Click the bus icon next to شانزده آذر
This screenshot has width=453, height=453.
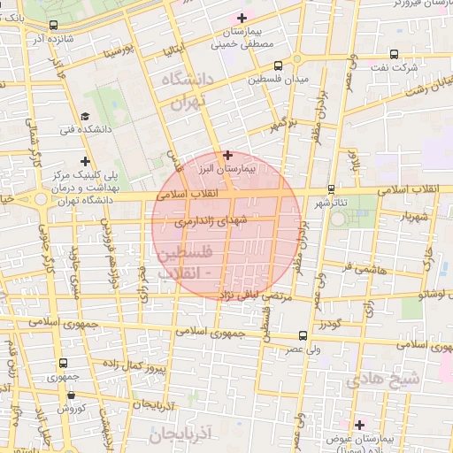55,26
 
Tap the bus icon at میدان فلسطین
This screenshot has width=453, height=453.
279,65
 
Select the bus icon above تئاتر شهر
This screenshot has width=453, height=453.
331,188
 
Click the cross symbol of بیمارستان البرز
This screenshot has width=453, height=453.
227,155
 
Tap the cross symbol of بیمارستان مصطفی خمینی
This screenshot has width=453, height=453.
241,18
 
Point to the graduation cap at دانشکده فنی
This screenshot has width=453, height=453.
85,116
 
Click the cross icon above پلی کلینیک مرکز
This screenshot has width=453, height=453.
85,161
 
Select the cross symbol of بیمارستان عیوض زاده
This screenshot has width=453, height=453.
359,425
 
